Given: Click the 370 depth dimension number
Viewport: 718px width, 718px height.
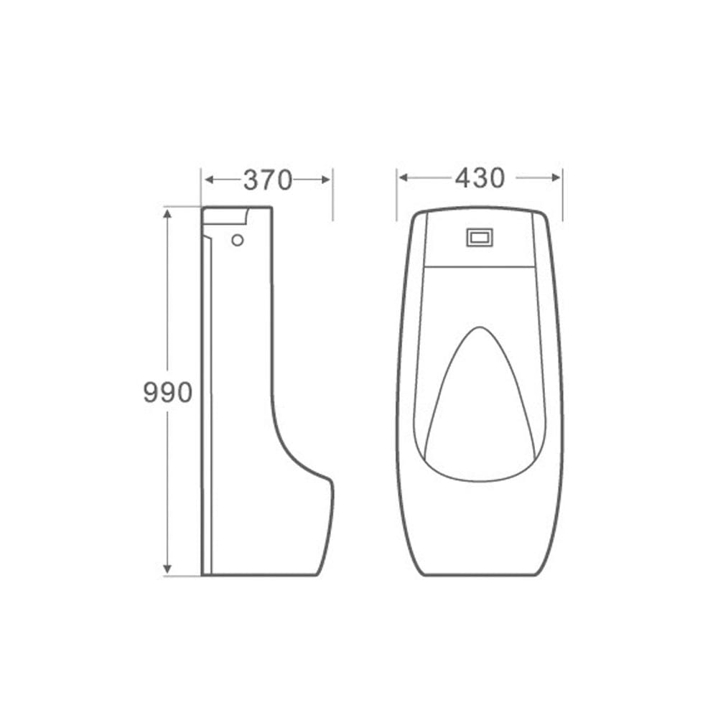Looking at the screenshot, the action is point(267,179).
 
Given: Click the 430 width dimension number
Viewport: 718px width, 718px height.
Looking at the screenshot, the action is point(480,177).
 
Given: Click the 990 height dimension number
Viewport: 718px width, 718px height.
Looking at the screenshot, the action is point(167,393).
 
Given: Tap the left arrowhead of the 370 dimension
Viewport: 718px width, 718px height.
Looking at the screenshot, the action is point(209,179).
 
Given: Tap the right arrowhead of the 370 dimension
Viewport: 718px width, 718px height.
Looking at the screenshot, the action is point(325,179).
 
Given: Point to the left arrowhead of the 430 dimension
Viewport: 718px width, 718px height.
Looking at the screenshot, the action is point(403,177).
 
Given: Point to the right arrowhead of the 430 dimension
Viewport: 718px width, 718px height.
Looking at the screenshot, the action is point(556,177).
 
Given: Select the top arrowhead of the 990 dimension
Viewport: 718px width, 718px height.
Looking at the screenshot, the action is point(167,214).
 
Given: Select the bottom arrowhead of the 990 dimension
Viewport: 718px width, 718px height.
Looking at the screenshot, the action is point(167,569).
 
